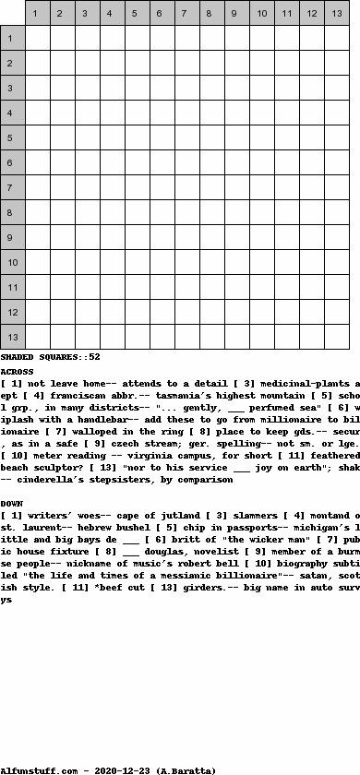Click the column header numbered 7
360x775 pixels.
pyautogui.click(x=186, y=14)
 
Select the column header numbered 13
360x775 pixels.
pyautogui.click(x=337, y=14)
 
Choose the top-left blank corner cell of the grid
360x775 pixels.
pyautogui.click(x=12, y=14)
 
